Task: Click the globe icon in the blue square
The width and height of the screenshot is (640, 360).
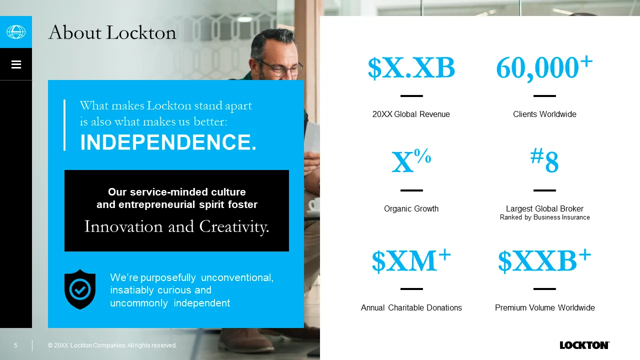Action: coord(16,31)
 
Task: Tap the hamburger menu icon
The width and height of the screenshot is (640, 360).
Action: coord(16,64)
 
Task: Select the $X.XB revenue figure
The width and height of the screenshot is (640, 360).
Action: coord(411,68)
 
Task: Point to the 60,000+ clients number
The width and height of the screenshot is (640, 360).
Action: coord(544,67)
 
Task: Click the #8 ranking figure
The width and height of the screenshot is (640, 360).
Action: coord(544,160)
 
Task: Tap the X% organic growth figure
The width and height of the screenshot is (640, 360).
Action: coord(411,161)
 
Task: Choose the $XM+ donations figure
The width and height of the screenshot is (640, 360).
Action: coord(411,260)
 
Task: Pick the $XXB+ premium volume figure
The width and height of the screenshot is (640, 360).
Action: coord(544,260)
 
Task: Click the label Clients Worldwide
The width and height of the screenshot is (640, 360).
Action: coord(544,114)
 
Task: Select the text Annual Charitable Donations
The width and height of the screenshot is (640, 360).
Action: coord(411,307)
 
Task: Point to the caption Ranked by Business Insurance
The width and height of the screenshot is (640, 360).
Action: coord(544,217)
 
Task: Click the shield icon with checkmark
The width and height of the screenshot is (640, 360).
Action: coord(80,289)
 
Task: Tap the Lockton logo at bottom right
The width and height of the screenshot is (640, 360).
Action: coord(584,345)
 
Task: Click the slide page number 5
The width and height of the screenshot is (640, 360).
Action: coord(15,345)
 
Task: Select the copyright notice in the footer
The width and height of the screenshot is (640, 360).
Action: coord(112,345)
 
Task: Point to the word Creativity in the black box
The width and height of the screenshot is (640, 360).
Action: coord(234,227)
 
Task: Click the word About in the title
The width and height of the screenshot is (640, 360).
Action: coord(75,32)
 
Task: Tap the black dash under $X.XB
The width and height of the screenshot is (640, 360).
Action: coord(411,96)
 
